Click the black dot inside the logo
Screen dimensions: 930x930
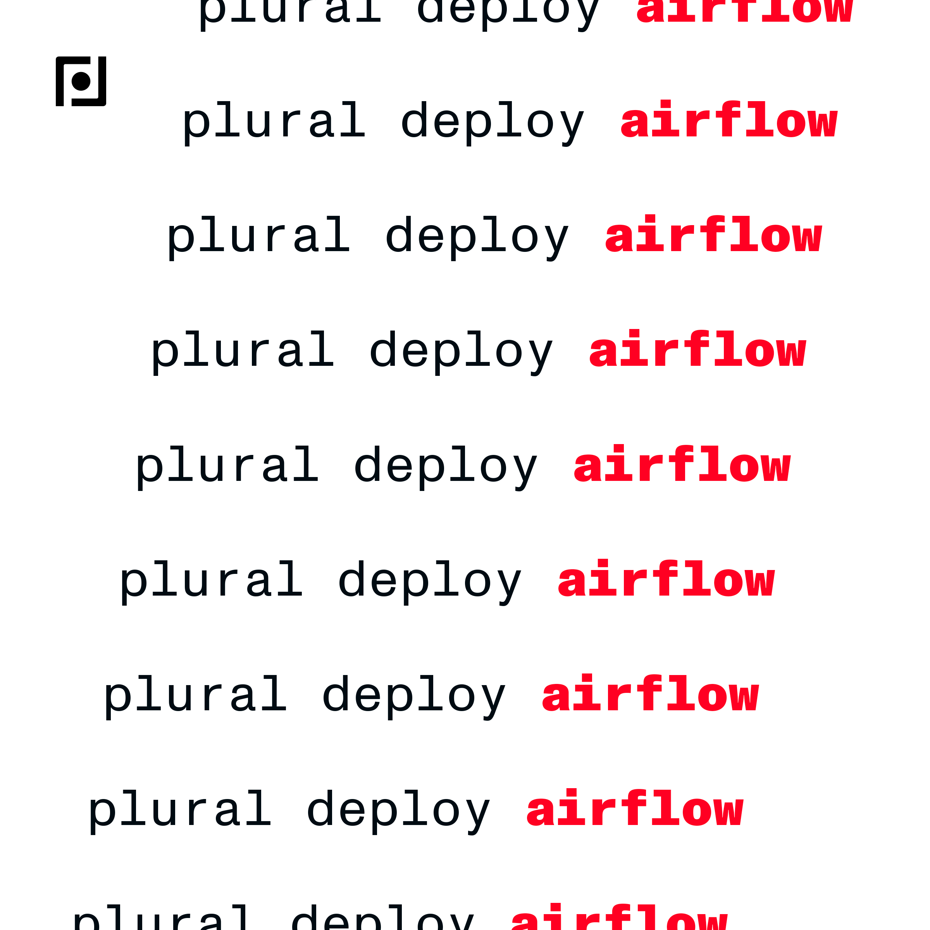click(x=81, y=81)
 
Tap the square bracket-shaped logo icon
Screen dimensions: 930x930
click(x=81, y=81)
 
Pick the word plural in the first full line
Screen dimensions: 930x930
click(x=274, y=122)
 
